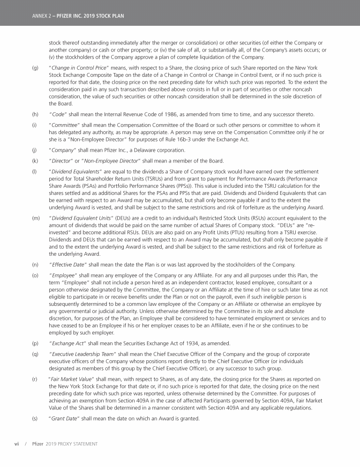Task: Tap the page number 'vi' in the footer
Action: [16, 444]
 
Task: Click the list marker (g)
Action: [35, 68]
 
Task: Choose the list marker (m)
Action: [36, 218]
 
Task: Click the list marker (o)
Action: [35, 275]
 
